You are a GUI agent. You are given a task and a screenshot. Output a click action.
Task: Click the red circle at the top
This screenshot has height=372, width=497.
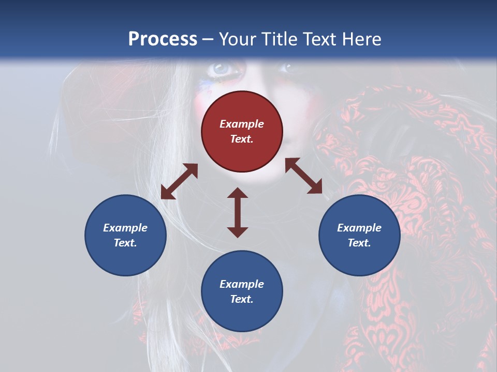coord(242,131)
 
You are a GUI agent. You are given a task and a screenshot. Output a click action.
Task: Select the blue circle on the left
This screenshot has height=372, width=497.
coord(125,235)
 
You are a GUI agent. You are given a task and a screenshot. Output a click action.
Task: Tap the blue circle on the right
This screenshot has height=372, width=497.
coord(359,235)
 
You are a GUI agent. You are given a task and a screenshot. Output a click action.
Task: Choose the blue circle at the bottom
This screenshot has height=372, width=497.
coord(242,291)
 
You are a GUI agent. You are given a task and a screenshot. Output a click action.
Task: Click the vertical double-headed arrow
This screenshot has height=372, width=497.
coord(238,212)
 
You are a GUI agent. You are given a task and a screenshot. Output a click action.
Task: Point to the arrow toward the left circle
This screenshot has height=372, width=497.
coord(179,181)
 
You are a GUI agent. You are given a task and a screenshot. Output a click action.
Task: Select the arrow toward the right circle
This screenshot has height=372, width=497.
coord(303,176)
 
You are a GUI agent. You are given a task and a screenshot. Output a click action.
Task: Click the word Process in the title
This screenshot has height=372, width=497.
coord(163,39)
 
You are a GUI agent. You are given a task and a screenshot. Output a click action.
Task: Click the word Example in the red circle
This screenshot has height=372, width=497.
coord(242,124)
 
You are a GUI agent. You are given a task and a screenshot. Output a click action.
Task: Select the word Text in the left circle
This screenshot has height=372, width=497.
coord(125,243)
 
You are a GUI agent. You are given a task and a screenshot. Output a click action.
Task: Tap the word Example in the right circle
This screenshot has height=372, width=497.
coord(359,228)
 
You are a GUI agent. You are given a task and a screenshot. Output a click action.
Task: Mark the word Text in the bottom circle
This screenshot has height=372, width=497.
coord(242,299)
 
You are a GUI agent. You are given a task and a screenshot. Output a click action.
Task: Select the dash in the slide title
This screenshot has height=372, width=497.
coord(208,39)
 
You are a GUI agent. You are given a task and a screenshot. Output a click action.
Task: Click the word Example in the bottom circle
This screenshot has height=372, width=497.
coord(242,284)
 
